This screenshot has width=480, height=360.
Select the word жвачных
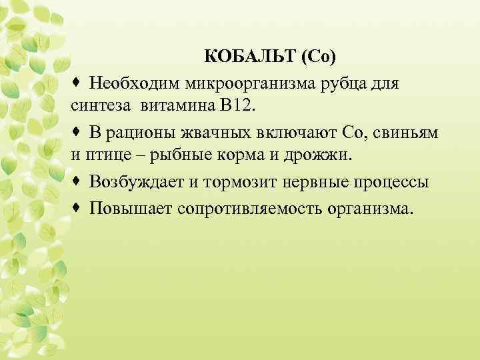point(215,133)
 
